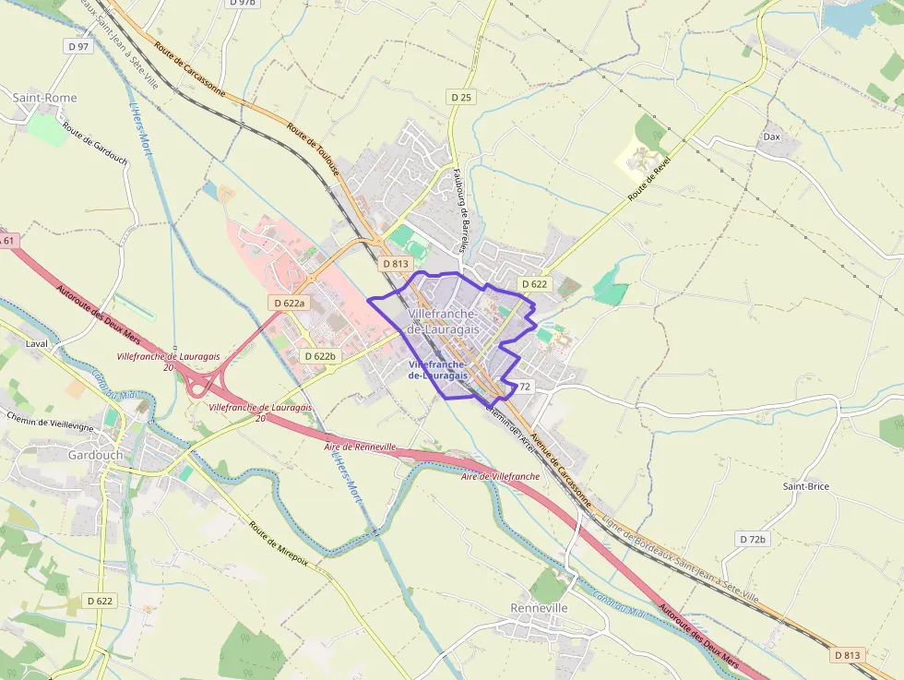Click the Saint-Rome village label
coord(44,98)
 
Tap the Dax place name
coord(771,137)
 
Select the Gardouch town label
coord(95,455)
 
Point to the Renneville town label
coord(539,609)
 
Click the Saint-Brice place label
coord(805,486)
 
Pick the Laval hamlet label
coord(37,343)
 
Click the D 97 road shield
coord(78,46)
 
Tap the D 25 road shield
coord(461,97)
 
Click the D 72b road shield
coord(753,538)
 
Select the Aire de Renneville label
coord(360,447)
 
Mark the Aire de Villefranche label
coord(501,476)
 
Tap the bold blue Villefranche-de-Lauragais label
coord(437,370)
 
